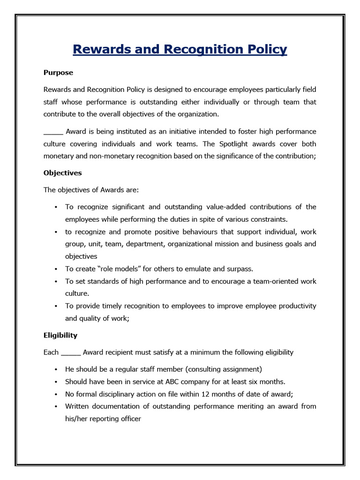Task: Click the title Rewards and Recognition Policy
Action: [180, 50]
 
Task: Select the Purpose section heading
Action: [58, 73]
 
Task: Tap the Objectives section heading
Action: [62, 173]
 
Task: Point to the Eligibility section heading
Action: [60, 336]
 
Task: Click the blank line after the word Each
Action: [71, 353]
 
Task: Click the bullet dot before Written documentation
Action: [56, 406]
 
